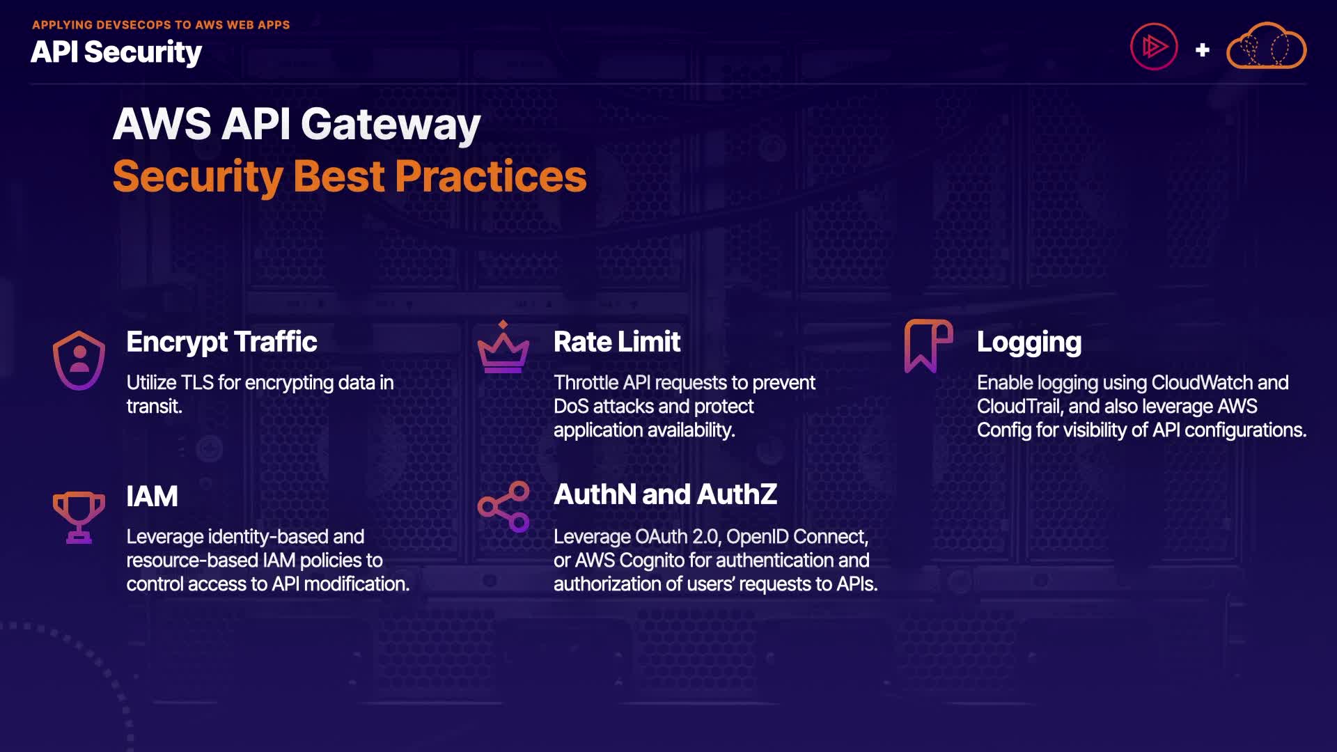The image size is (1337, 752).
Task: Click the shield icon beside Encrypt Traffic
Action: tap(79, 360)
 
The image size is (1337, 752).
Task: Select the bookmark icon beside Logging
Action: tap(928, 346)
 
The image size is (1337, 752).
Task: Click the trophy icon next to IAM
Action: tap(79, 517)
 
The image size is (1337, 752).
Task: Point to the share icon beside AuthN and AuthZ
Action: tap(503, 506)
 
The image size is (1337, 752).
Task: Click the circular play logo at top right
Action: tap(1154, 47)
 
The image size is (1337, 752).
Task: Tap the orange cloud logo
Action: tap(1266, 46)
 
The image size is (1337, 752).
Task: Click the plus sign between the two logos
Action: tap(1202, 49)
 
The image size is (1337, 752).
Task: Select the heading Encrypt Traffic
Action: tap(221, 342)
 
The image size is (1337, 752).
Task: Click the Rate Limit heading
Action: tap(617, 342)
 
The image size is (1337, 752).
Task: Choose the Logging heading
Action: tap(1029, 343)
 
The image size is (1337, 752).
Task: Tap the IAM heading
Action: tap(152, 496)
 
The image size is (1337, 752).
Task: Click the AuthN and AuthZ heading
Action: tap(665, 494)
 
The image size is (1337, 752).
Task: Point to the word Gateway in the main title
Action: tap(391, 125)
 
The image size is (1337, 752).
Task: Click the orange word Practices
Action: tap(491, 176)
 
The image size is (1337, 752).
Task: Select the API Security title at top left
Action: tap(116, 52)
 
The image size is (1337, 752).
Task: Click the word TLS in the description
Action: tap(197, 382)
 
